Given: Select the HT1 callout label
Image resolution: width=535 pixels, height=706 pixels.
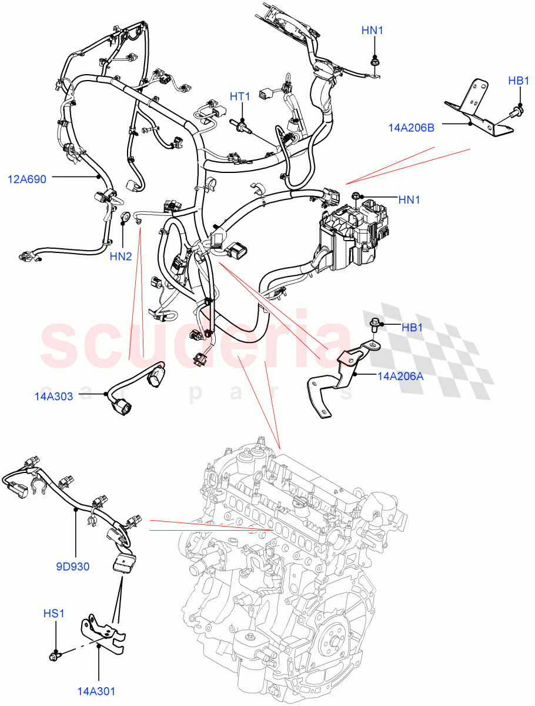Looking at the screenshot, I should coord(240,96).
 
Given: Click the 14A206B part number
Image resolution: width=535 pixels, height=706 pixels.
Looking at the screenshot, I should coord(411,127).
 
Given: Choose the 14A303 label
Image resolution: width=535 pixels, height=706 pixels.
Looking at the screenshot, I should coord(53,397).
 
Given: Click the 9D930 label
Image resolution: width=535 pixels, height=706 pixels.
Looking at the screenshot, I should coord(73,567).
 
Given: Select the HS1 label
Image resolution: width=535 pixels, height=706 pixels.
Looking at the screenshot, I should coord(53,614).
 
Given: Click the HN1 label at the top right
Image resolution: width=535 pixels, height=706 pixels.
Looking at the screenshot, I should coord(373,30).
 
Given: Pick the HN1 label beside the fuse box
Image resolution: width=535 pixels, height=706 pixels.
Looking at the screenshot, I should coord(409,200).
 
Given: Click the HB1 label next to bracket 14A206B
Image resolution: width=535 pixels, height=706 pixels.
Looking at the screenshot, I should coord(519,81).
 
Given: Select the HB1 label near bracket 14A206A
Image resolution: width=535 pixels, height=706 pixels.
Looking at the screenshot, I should coord(412,328).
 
